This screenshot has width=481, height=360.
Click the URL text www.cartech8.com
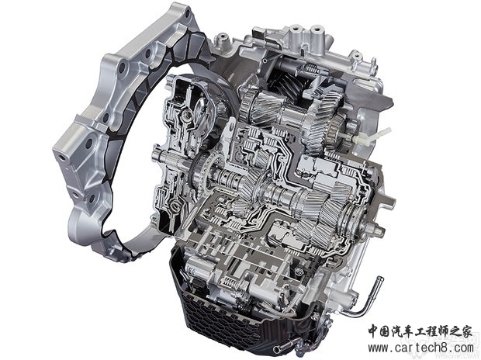point(420,348)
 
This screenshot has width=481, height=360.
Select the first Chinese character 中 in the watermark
point(374,332)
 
